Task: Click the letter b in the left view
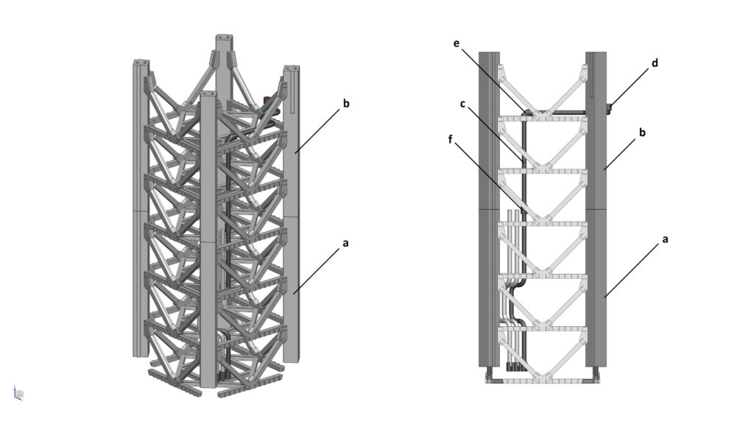(346, 103)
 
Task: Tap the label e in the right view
(457, 43)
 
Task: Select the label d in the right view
(655, 63)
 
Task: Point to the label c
(462, 104)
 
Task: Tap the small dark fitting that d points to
(609, 109)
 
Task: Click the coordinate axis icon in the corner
(19, 394)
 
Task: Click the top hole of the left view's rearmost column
(222, 38)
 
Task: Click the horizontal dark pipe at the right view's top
(560, 112)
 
